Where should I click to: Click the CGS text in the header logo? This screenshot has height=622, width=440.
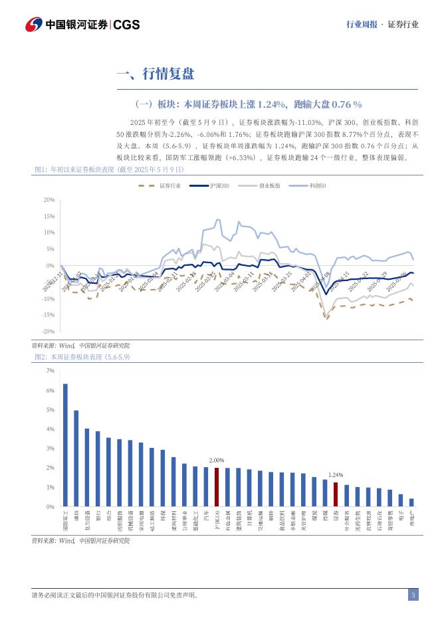pos(126,25)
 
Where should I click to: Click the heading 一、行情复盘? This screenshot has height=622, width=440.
pos(155,74)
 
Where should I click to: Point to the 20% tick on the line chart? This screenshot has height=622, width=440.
pos(49,199)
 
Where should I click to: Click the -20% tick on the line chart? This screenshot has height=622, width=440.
pos(48,331)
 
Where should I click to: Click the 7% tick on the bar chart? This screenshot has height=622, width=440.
pos(50,371)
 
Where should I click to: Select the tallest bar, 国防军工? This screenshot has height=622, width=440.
pos(65,445)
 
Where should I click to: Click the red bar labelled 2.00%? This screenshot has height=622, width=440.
pos(217,487)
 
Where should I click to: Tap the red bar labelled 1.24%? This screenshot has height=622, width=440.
pos(336,494)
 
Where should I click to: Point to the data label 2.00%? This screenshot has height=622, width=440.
pos(217,460)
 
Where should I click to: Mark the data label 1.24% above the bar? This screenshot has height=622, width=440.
pos(336,475)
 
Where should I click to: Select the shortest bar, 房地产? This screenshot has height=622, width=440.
pos(411,502)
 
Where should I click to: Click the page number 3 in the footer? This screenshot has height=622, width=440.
pos(413,595)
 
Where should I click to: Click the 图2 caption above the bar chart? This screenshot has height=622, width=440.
pos(82,357)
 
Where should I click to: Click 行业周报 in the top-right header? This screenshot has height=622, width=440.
pos(362,24)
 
